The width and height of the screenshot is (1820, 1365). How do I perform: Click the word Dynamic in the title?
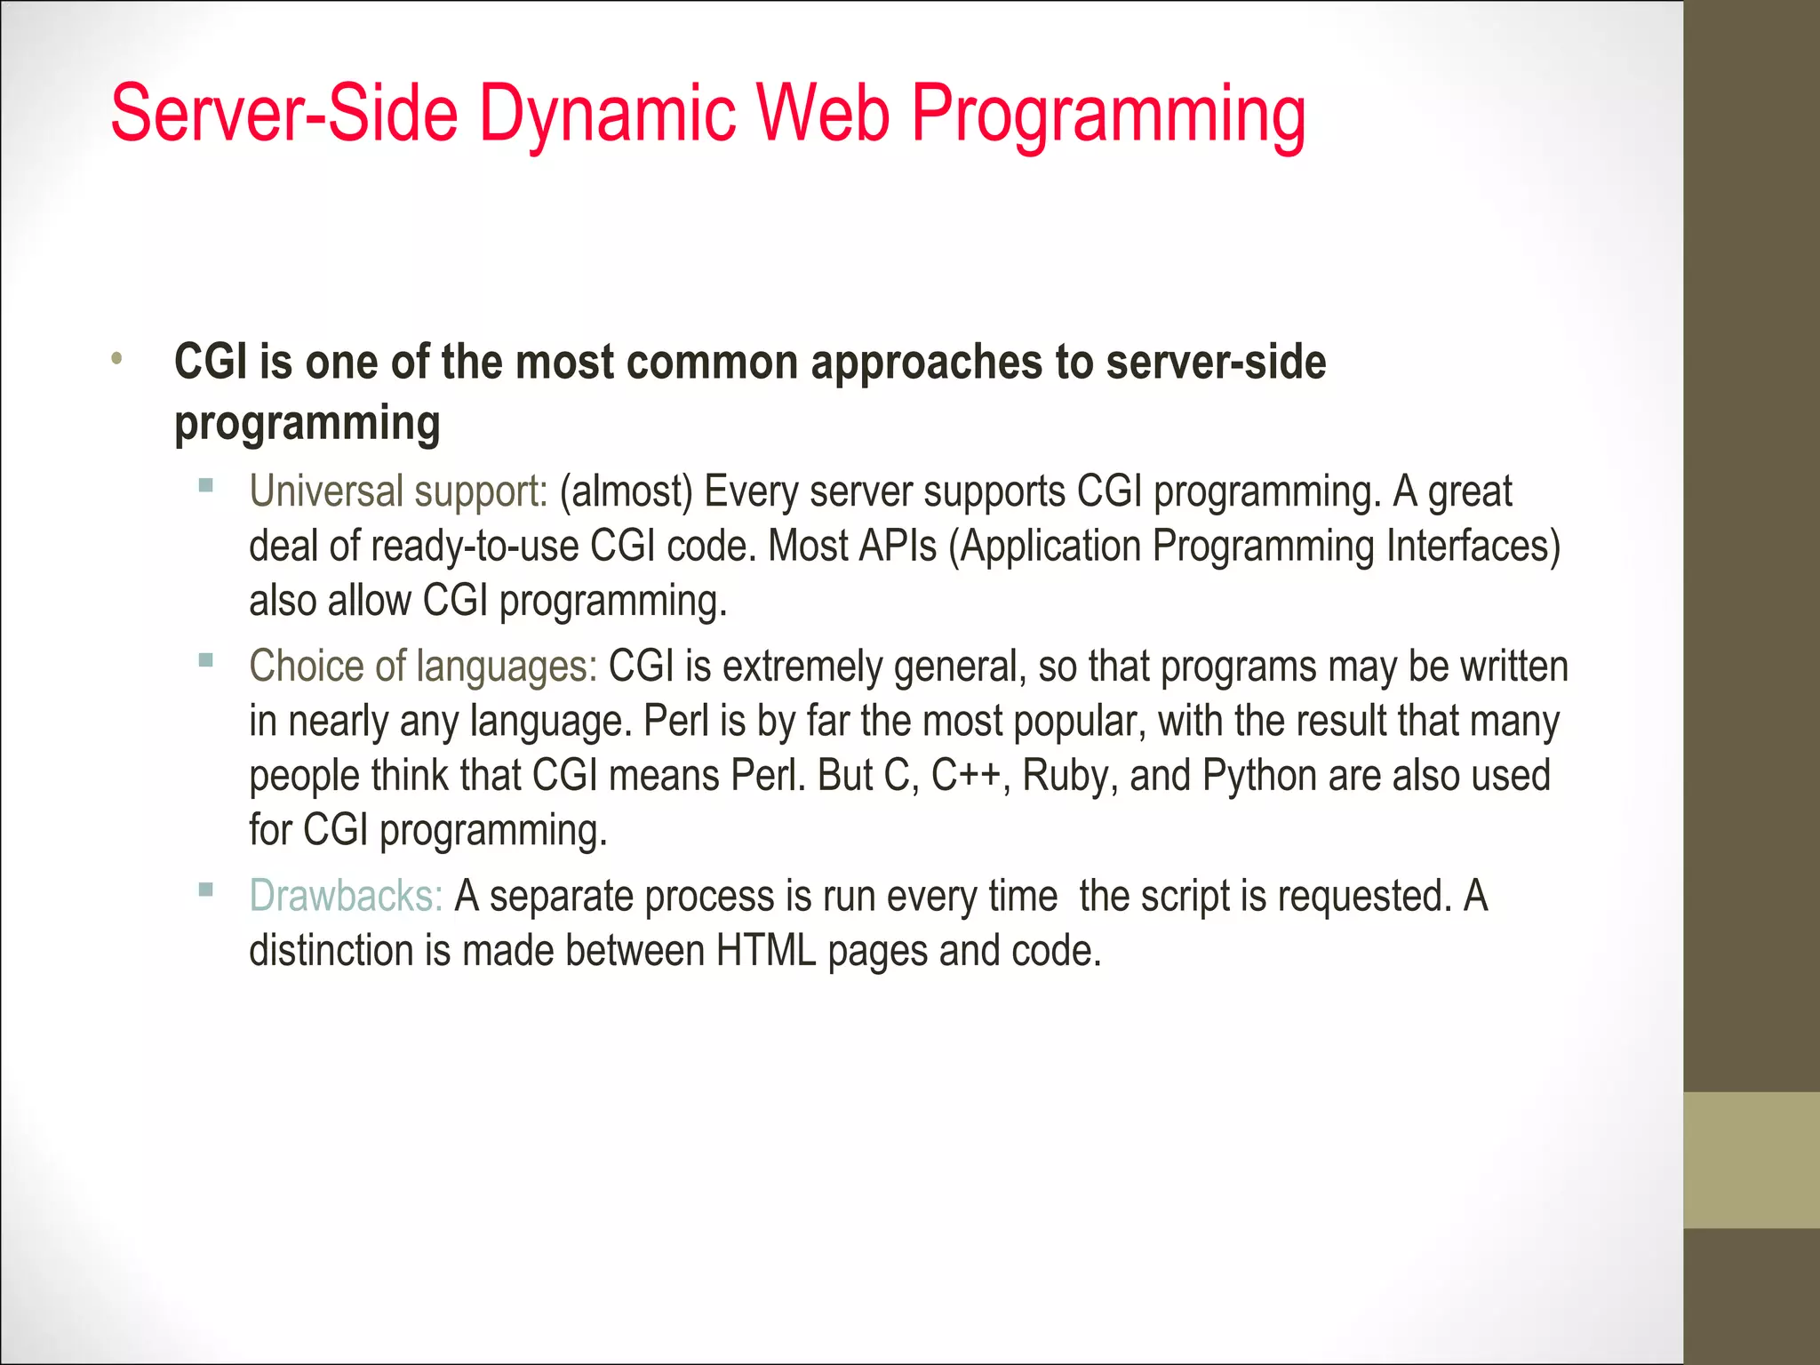608,114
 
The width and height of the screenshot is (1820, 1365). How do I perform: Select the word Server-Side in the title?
284,114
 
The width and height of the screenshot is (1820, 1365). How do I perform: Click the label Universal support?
398,491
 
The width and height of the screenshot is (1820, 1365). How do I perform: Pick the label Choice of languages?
423,667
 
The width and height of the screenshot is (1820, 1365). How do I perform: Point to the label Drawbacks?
346,896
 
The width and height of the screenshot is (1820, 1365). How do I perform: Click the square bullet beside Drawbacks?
206,890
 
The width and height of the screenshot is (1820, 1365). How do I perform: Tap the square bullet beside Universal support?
206,485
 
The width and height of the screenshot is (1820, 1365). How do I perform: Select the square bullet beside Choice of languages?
206,660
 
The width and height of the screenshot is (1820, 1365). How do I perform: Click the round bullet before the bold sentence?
116,359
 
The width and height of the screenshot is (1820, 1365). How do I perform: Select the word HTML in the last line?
766,951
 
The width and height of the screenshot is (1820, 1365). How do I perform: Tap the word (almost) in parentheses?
626,491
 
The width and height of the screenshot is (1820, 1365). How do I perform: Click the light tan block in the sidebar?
1751,1160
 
